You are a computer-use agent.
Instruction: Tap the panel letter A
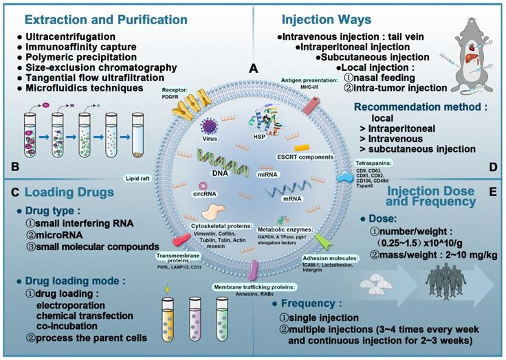pos(254,69)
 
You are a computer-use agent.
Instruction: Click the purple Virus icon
pos(211,126)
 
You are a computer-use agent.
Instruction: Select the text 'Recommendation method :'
pos(408,107)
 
